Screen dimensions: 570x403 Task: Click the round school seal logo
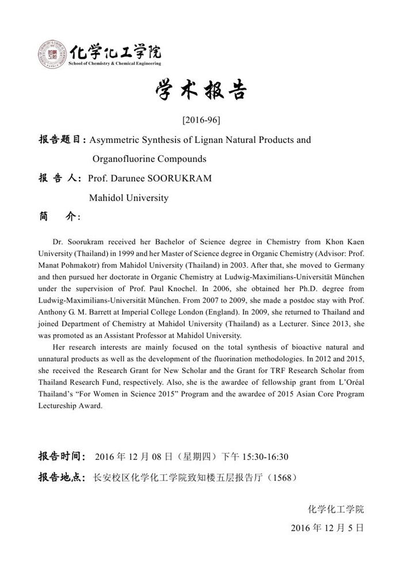[x=52, y=55]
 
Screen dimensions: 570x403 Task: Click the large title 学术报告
[x=201, y=91]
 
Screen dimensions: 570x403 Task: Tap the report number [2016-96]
[x=201, y=120]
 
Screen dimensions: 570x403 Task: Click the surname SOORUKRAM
[x=183, y=178]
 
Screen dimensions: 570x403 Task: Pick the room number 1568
[x=282, y=477]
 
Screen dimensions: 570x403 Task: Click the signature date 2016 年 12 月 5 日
[x=327, y=527]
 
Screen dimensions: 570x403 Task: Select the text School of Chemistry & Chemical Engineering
[x=114, y=63]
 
